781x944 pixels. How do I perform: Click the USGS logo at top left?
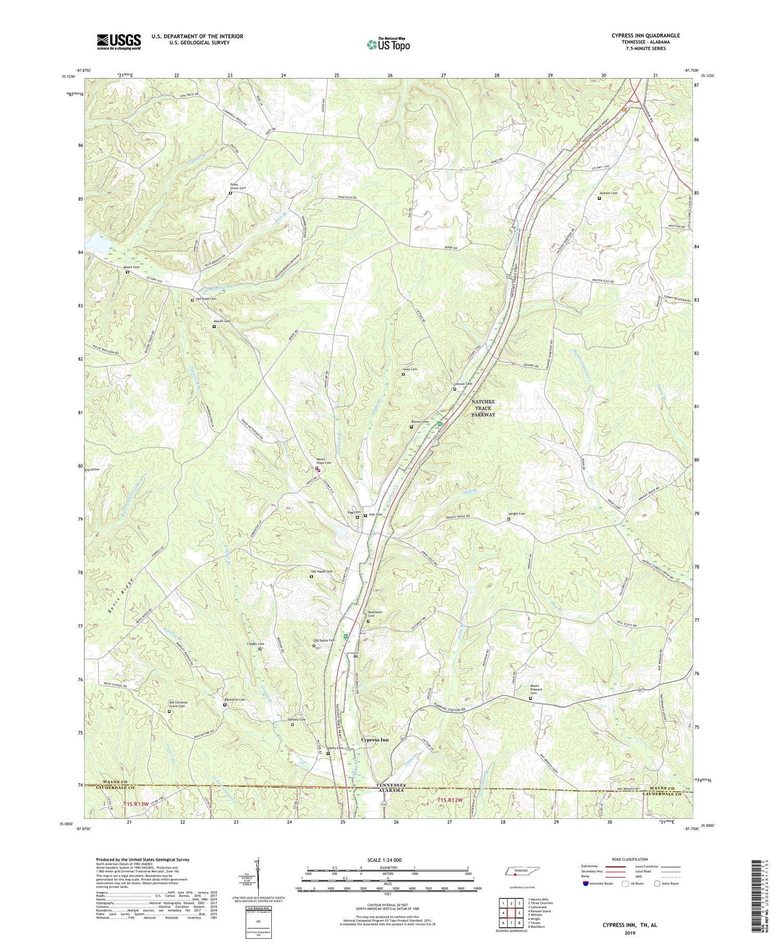[119, 42]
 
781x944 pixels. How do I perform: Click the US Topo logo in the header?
[388, 44]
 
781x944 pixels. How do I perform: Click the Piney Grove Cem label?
[238, 186]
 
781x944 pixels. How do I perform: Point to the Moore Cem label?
[132, 267]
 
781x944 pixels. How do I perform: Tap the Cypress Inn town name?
[375, 740]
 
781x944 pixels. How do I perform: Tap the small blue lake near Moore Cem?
[98, 242]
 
